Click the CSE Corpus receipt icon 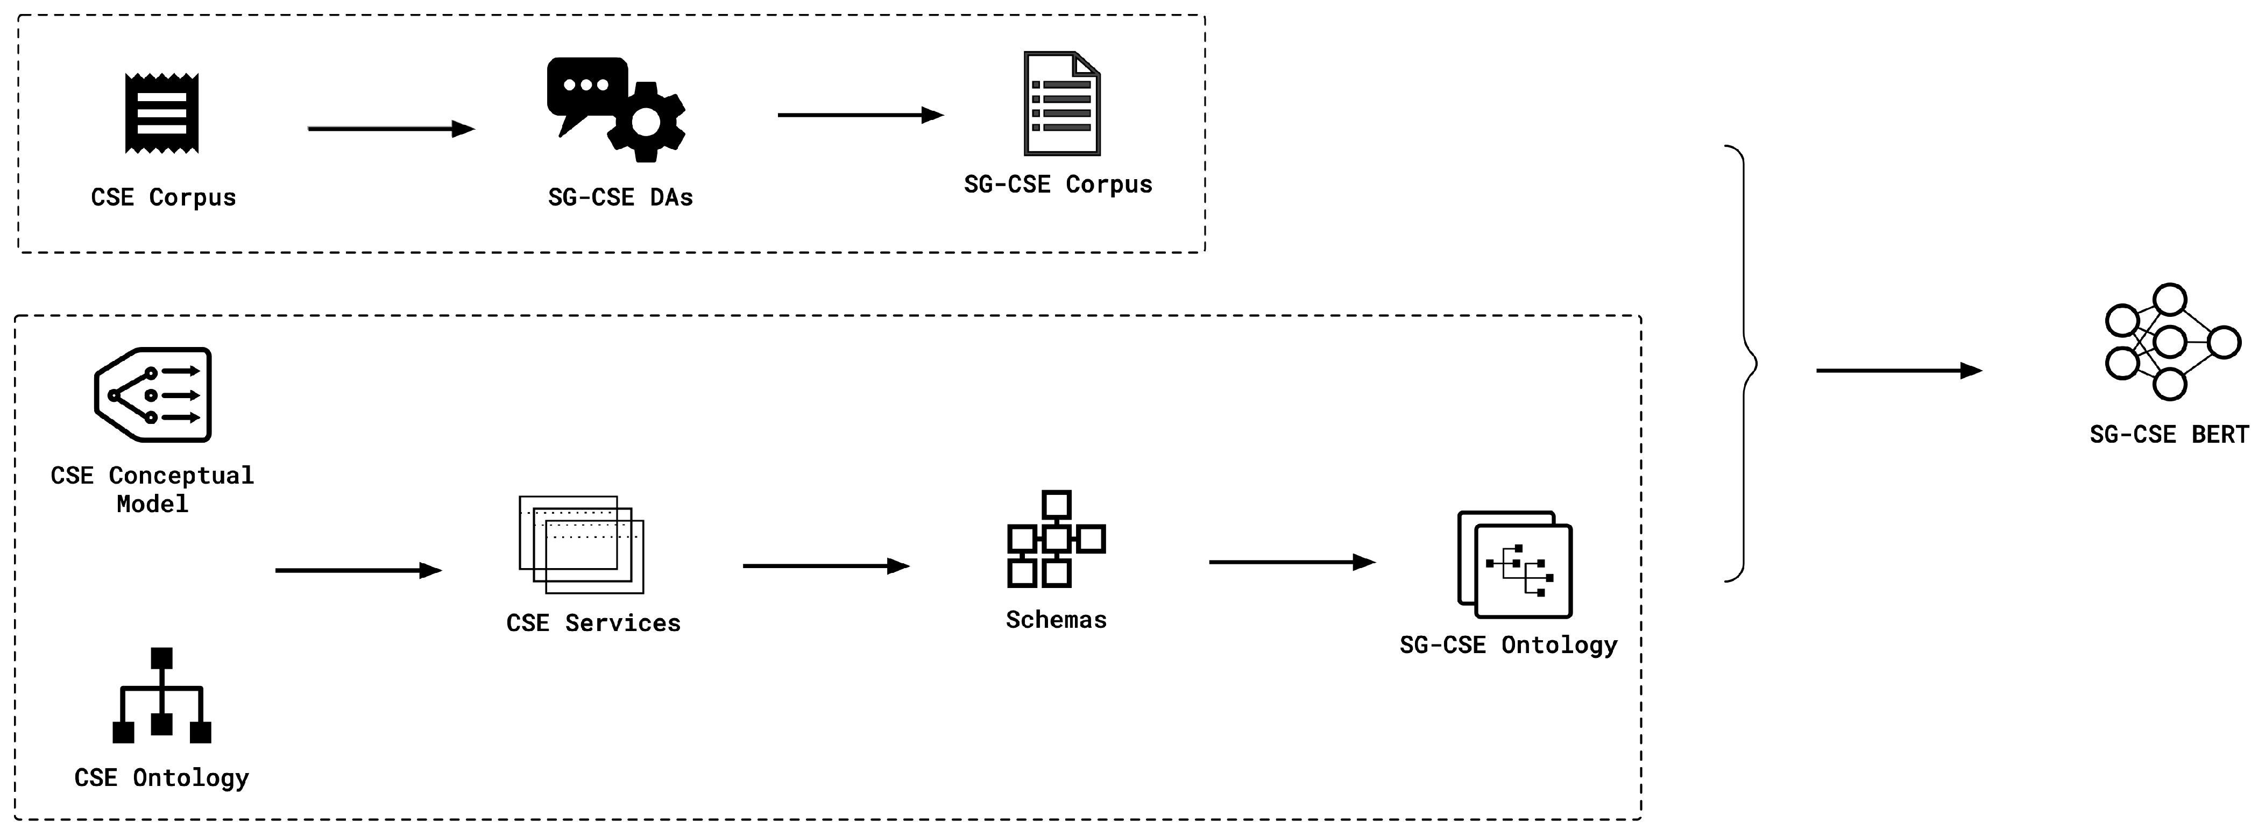tap(162, 113)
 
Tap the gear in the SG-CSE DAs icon tap(646, 123)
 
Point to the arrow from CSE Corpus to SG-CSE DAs tap(390, 129)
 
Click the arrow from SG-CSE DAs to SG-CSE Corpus tap(860, 115)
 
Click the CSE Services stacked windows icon tap(581, 544)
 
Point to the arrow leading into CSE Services tap(358, 570)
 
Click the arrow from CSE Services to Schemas tap(826, 566)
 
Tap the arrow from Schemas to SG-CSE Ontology tap(1291, 562)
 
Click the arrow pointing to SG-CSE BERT tap(1898, 371)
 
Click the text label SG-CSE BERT tap(2169, 435)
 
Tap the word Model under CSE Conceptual tap(152, 504)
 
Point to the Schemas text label tap(1056, 620)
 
